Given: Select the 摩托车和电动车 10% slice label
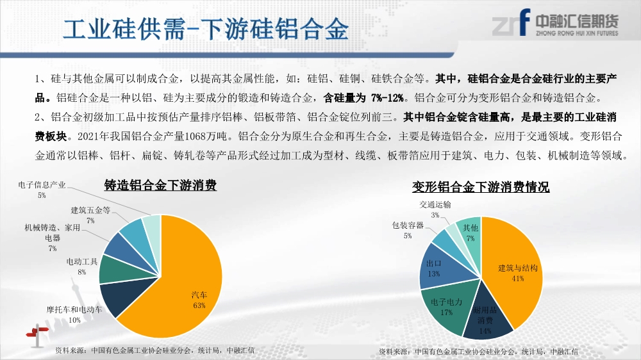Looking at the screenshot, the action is click(x=74, y=315).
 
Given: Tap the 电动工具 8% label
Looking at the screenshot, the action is click(x=82, y=266).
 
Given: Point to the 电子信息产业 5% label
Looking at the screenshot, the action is click(x=42, y=190).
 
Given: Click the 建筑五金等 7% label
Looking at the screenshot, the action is click(x=90, y=215).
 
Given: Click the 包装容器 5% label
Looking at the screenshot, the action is click(x=408, y=231).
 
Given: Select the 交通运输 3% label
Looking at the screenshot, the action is click(x=435, y=209).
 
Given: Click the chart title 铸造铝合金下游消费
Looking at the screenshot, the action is click(x=160, y=185).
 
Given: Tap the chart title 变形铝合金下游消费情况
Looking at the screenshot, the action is click(x=481, y=187).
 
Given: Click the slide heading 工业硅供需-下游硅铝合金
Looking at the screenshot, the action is click(x=206, y=29).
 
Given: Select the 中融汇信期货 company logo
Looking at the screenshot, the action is click(x=555, y=23).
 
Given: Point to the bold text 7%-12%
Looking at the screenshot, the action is click(x=388, y=98).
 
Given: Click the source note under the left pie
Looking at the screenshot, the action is click(x=154, y=350).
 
